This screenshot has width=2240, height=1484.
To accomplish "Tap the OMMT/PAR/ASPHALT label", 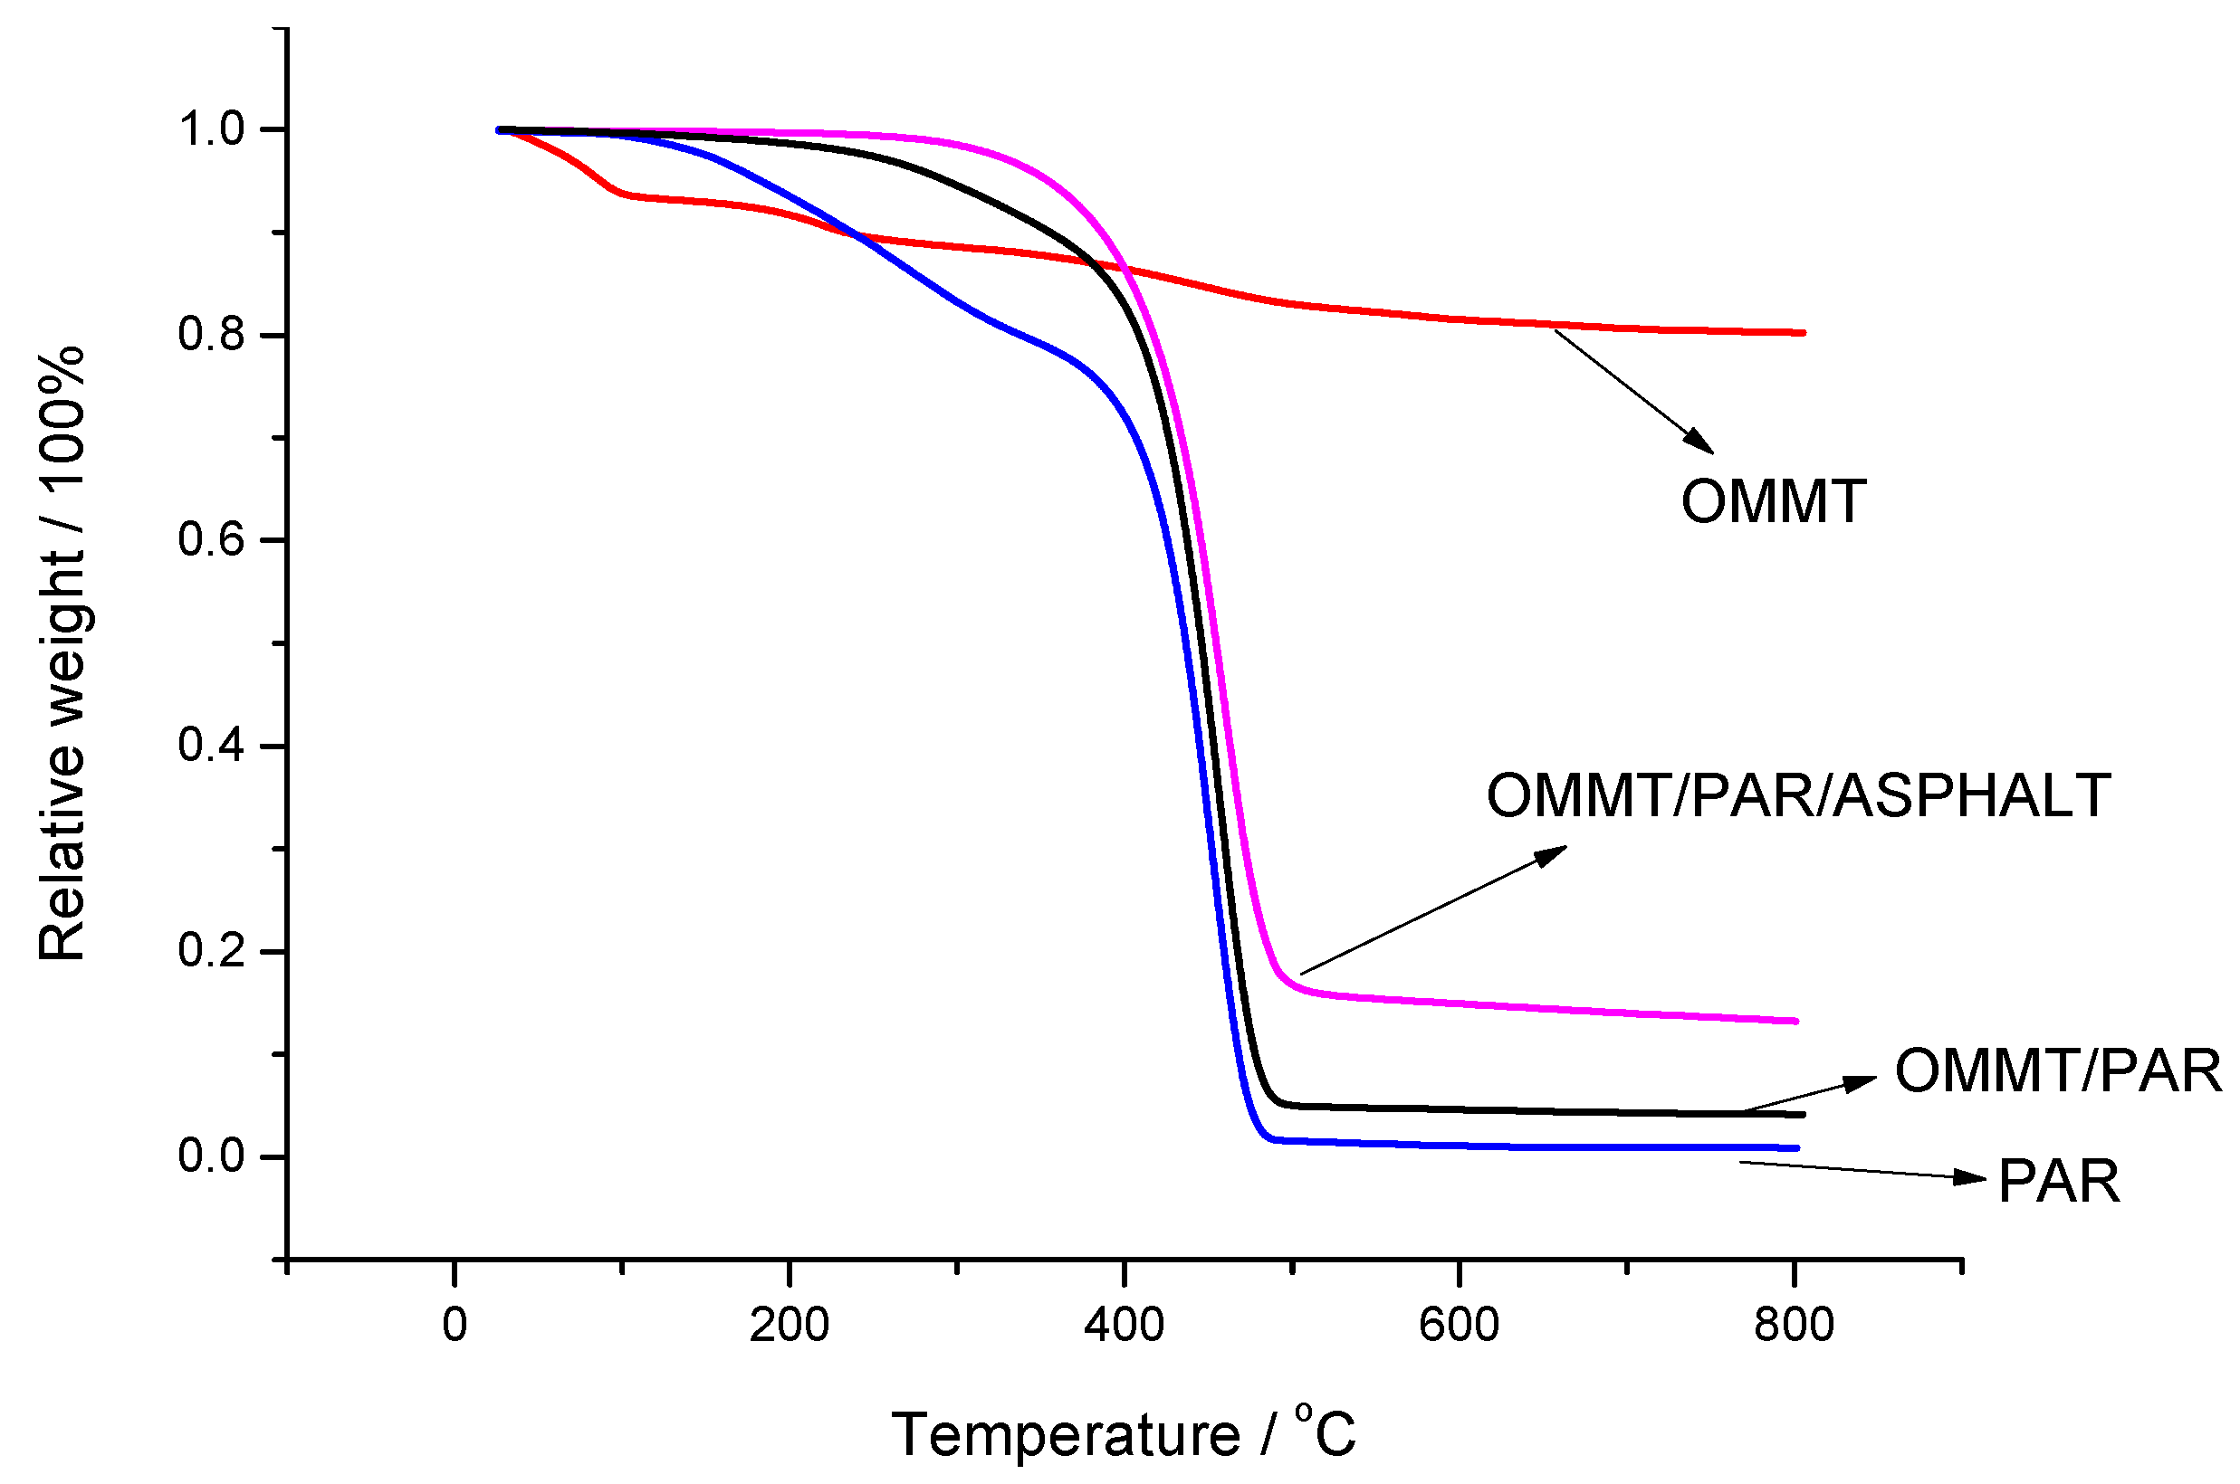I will coord(1797,795).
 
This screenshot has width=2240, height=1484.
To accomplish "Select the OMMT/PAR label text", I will coord(2057,1071).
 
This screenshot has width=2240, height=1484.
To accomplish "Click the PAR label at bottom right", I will coord(2058,1182).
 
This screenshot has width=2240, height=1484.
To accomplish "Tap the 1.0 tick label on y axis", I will coord(211,129).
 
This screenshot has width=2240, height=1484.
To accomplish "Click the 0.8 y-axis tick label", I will coord(211,335).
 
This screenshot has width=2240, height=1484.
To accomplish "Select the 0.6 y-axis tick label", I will coord(211,540).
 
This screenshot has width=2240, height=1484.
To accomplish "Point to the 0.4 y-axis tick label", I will coord(211,746).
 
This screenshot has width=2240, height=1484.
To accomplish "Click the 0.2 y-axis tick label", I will coord(211,950).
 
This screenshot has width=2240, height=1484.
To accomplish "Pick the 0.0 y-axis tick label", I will coord(211,1156).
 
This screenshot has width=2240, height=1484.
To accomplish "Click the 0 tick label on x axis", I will coord(455,1326).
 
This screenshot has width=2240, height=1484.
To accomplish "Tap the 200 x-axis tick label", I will coord(789,1326).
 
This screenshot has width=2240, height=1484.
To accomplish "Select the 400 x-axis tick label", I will coord(1124,1326).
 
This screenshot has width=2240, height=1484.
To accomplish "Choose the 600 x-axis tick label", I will coord(1459,1326).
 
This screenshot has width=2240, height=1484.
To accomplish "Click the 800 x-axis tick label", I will coord(1793,1326).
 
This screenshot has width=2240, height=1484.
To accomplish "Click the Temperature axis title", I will coord(1124,1435).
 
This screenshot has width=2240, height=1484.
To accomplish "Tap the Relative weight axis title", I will coord(62,653).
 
